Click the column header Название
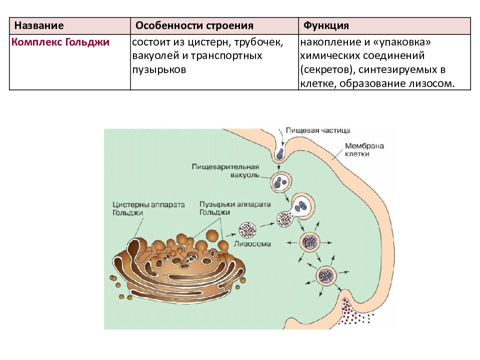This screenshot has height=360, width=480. pyautogui.click(x=39, y=25)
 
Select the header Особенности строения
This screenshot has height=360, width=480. pyautogui.click(x=194, y=25)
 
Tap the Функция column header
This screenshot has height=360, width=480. pyautogui.click(x=326, y=25)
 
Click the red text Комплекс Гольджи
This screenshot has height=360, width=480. pyautogui.click(x=60, y=42)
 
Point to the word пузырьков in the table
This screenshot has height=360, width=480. pyautogui.click(x=159, y=70)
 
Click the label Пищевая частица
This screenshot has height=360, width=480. pyautogui.click(x=318, y=130)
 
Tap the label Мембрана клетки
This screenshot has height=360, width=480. pyautogui.click(x=364, y=149)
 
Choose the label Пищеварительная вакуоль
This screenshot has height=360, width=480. pyautogui.click(x=225, y=171)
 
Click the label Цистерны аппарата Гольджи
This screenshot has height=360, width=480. pyautogui.click(x=148, y=208)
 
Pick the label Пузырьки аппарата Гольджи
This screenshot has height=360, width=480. pyautogui.click(x=235, y=208)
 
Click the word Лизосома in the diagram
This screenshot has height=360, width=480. pyautogui.click(x=252, y=244)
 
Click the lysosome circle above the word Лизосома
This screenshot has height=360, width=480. pyautogui.click(x=247, y=230)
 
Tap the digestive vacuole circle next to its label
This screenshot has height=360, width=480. pyautogui.click(x=280, y=182)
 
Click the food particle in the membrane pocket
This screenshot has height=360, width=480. pyautogui.click(x=280, y=154)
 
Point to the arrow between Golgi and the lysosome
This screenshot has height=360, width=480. pyautogui.click(x=231, y=235)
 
